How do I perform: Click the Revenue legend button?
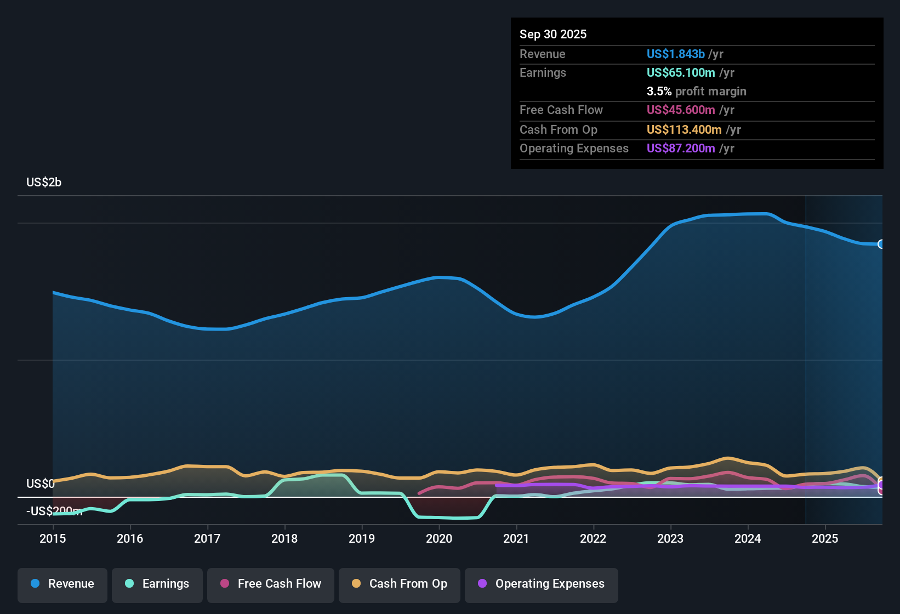tap(62, 584)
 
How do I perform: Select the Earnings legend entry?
tap(157, 584)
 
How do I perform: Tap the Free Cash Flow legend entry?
tap(271, 584)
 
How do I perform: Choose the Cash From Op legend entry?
tap(400, 584)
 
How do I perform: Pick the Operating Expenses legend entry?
tap(542, 584)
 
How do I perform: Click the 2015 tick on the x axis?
tap(53, 538)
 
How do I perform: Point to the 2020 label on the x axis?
tap(439, 538)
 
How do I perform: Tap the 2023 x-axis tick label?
tap(670, 538)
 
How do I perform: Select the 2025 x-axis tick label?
tap(825, 538)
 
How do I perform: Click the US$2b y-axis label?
tap(44, 183)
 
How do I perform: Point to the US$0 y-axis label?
tap(41, 484)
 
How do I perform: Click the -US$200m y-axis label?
tap(54, 511)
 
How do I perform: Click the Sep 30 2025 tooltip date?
tap(553, 34)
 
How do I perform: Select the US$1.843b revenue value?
tap(675, 54)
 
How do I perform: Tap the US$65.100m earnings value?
tap(681, 72)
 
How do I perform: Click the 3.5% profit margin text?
tap(696, 91)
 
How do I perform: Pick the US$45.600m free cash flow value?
tap(681, 110)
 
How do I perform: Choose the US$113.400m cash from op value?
tap(684, 129)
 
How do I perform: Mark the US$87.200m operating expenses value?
tap(681, 148)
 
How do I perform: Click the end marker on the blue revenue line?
tap(881, 244)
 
